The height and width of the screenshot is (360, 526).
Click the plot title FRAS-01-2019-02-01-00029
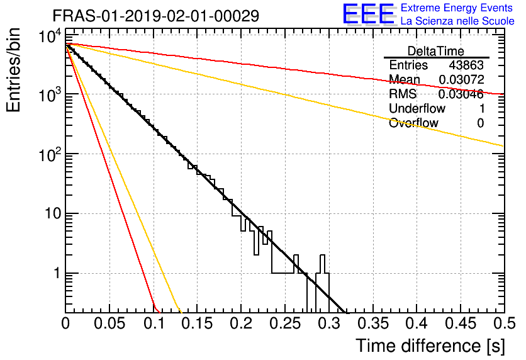click(x=156, y=16)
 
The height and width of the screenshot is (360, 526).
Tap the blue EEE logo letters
click(x=368, y=14)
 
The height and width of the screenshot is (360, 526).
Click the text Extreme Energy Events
click(x=457, y=8)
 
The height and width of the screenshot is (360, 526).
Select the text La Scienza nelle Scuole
click(x=457, y=21)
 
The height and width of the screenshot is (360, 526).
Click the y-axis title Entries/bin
click(x=14, y=70)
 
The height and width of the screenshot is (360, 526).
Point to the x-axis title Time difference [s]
click(x=430, y=346)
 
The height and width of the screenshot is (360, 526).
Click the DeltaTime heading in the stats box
click(x=436, y=51)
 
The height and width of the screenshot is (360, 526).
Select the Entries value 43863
click(x=466, y=65)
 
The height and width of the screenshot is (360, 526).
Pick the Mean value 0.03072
click(x=462, y=79)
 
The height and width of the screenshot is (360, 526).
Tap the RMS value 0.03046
click(x=461, y=94)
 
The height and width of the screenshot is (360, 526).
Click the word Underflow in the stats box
click(x=417, y=108)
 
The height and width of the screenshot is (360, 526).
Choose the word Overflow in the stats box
click(x=413, y=123)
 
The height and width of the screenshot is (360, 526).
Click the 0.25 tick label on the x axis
click(x=285, y=323)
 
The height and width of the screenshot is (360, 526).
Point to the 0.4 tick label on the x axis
click(x=417, y=323)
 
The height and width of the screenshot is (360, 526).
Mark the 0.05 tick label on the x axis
click(x=109, y=323)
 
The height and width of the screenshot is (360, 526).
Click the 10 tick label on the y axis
click(x=53, y=213)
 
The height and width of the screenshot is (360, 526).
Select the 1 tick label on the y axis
click(x=57, y=273)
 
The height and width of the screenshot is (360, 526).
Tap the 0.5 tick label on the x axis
click(x=504, y=323)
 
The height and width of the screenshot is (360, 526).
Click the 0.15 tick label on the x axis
click(x=197, y=323)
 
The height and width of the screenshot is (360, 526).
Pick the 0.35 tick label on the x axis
click(x=372, y=323)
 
